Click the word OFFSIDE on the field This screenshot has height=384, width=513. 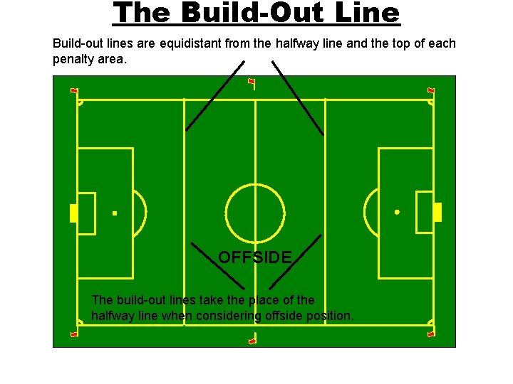pyautogui.click(x=255, y=257)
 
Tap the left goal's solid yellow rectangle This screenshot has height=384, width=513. pyautogui.click(x=73, y=213)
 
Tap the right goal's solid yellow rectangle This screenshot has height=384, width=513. pyautogui.click(x=437, y=212)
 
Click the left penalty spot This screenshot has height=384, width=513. pyautogui.click(x=115, y=213)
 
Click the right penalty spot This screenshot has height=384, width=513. pyautogui.click(x=397, y=212)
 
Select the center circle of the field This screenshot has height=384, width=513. pyautogui.click(x=255, y=213)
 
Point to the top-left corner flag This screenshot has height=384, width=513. pyautogui.click(x=74, y=90)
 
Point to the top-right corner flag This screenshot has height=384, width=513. pyautogui.click(x=430, y=90)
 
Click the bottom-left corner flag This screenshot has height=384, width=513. pyautogui.click(x=74, y=334)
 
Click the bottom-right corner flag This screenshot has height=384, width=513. pyautogui.click(x=430, y=333)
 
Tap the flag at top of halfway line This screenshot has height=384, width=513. pyautogui.click(x=252, y=81)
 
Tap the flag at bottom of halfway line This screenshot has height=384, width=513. pyautogui.click(x=252, y=341)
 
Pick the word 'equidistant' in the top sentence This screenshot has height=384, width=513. pyautogui.click(x=190, y=44)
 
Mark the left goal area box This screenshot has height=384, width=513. pyautogui.click(x=87, y=213)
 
